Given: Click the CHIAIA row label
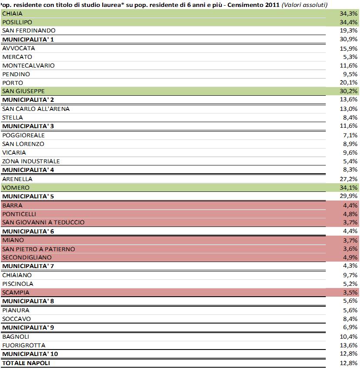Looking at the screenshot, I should [12, 13].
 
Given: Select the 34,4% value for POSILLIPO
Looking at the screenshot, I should [349, 22].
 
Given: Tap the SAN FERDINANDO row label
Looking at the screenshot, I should [29, 31].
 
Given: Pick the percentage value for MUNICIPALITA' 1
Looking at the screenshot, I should [349, 39].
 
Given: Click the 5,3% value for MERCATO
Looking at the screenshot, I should [351, 57].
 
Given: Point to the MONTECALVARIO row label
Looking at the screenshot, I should [28, 65].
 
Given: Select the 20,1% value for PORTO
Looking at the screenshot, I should [349, 83].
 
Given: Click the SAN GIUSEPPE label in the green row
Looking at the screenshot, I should [23, 91].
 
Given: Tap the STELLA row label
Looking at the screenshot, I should [13, 117].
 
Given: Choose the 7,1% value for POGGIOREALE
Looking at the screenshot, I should [351, 135].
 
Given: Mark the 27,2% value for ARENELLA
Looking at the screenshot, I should [349, 179].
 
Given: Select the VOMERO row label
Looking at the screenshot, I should [16, 188].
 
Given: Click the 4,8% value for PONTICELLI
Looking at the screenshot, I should [351, 214].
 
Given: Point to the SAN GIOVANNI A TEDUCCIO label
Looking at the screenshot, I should [43, 222].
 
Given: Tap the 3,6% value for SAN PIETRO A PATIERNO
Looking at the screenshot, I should [351, 249].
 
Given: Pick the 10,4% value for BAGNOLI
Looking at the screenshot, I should [349, 337].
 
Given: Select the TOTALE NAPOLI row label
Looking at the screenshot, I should [26, 363].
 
